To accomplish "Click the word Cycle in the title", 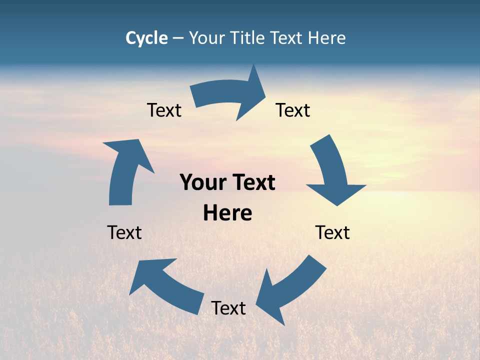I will click(146, 38).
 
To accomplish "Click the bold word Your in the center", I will click(203, 182).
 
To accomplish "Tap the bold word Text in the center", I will click(252, 182).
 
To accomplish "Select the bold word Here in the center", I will click(227, 213).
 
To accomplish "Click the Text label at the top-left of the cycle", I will click(164, 110).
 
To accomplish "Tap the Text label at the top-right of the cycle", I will click(293, 110).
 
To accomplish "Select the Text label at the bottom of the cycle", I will click(228, 308).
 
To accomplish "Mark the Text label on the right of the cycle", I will click(332, 232).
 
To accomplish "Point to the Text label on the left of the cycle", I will click(124, 232).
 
